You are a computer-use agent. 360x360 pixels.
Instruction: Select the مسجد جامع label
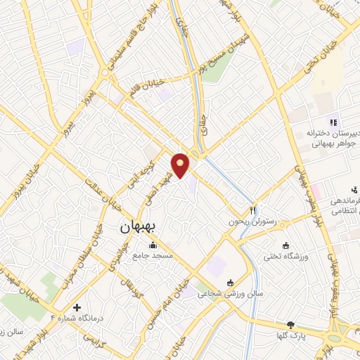pyautogui.click(x=153, y=257)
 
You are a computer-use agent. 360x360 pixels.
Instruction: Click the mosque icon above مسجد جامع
pyautogui.click(x=153, y=245)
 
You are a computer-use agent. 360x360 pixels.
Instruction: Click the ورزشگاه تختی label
pyautogui.click(x=285, y=257)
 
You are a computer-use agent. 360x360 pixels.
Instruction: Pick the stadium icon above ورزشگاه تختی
pyautogui.click(x=285, y=245)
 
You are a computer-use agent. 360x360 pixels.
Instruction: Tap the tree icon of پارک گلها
pyautogui.click(x=290, y=326)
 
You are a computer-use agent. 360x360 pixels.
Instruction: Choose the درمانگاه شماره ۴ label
pyautogui.click(x=77, y=319)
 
